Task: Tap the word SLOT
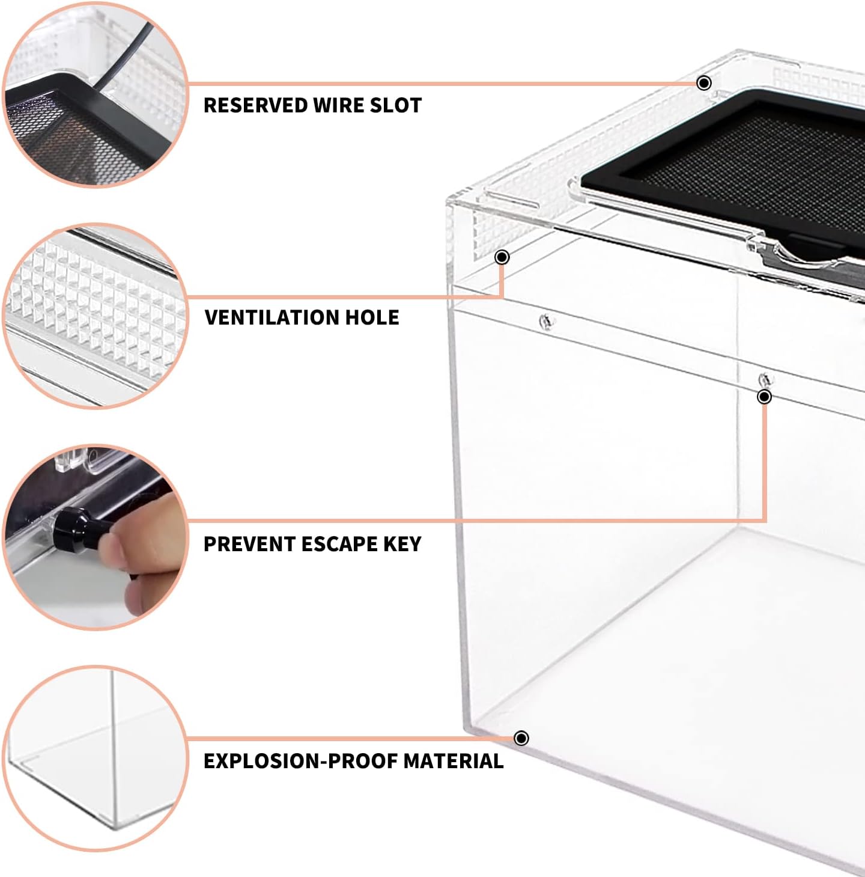[x=395, y=105]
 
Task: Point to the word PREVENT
[x=249, y=544]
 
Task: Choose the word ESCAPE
[x=338, y=544]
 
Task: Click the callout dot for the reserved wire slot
[x=705, y=83]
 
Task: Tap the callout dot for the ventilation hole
[x=502, y=257]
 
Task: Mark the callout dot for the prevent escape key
[x=765, y=397]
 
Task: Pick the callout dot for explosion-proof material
[x=521, y=738]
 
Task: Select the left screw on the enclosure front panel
[x=546, y=322]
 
